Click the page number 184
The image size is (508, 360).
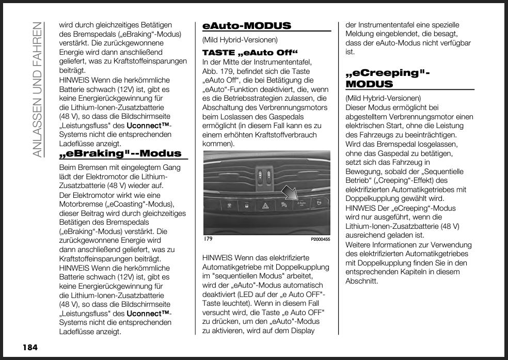tap(30, 347)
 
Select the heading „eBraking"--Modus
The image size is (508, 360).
tap(121, 153)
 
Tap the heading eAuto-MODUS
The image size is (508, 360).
tap(247, 26)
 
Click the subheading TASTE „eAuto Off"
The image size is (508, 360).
tap(250, 53)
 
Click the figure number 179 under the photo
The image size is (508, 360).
tap(208, 240)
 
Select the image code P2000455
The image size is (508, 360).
tap(320, 240)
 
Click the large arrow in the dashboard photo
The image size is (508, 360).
tap(290, 193)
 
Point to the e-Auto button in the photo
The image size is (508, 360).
tap(302, 205)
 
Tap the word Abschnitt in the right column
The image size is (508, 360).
tap(361, 281)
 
